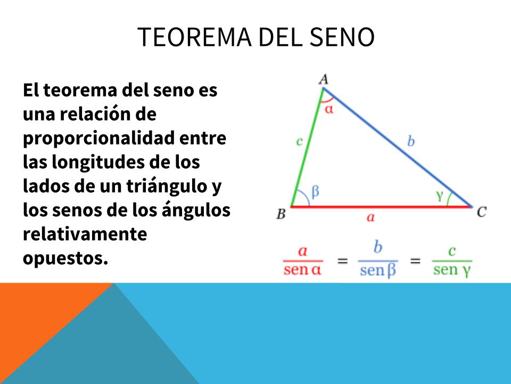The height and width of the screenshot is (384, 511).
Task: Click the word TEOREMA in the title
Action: [195, 37]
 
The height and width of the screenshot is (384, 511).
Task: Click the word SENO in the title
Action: [342, 37]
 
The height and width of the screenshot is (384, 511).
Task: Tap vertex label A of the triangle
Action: [324, 79]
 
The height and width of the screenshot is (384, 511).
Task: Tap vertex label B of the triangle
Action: [281, 214]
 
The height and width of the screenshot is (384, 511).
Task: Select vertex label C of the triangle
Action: [482, 212]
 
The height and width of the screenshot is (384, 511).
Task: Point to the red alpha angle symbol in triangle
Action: [329, 109]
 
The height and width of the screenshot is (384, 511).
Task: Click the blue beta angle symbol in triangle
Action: [315, 192]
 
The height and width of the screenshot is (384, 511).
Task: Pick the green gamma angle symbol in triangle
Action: [440, 195]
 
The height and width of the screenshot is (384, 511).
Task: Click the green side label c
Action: [299, 141]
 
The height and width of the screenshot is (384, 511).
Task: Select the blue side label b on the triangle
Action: [411, 141]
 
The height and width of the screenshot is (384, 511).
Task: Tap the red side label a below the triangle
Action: [370, 217]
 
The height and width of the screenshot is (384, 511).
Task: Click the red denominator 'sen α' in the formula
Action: [302, 270]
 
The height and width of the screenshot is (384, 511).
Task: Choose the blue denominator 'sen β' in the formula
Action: [378, 271]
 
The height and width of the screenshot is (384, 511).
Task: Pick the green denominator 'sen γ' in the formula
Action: [452, 270]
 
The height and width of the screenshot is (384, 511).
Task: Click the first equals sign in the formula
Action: [342, 261]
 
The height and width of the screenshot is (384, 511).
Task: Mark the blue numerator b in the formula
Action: [378, 247]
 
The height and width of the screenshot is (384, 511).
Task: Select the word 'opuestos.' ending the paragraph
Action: [65, 259]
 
